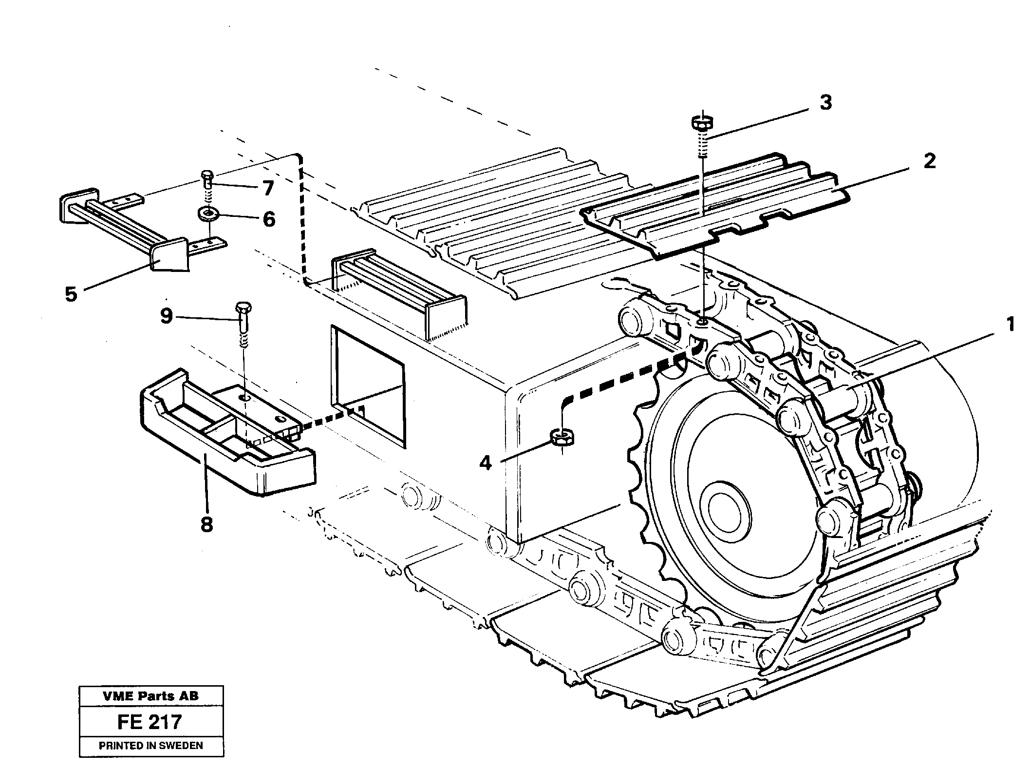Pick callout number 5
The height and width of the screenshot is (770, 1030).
(x=71, y=294)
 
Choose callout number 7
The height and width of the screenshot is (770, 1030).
(x=268, y=188)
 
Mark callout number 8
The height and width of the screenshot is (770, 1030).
(x=206, y=524)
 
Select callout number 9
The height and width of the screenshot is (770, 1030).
(x=167, y=316)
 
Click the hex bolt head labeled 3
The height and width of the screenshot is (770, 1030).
(x=699, y=122)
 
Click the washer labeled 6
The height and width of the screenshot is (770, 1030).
(x=208, y=214)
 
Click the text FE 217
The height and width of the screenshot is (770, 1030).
(x=150, y=721)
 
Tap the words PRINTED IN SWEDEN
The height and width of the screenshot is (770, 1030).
(x=151, y=746)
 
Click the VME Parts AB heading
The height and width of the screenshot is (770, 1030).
(x=151, y=696)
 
